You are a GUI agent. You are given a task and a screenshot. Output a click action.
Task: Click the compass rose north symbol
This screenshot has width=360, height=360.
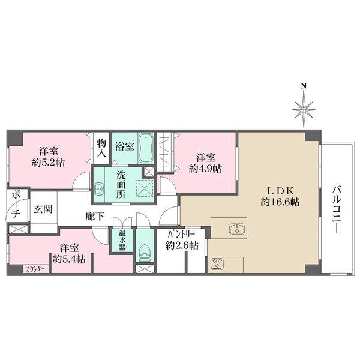point(304,109)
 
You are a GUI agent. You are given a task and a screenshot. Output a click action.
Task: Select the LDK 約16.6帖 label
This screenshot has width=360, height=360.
point(279,197)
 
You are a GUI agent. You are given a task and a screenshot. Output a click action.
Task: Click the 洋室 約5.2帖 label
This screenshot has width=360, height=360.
point(49,156)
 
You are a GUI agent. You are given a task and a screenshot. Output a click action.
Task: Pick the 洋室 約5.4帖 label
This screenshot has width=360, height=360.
point(68,253)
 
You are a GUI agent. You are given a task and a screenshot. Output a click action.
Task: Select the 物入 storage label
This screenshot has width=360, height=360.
point(101,148)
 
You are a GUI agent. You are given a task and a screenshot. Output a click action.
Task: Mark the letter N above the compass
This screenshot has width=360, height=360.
point(304,86)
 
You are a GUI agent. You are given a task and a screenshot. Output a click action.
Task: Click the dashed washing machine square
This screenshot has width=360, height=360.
point(144,187)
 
